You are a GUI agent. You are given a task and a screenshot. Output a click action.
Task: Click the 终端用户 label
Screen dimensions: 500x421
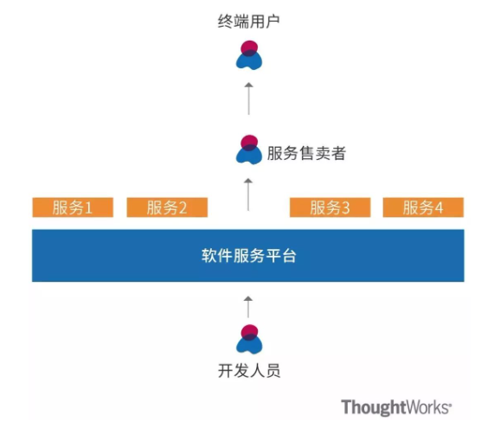[x=249, y=22]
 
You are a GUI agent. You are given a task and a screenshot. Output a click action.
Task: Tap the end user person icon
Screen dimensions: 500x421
[x=249, y=55]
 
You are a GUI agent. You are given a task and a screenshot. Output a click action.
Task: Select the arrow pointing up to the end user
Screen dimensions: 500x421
[x=249, y=99]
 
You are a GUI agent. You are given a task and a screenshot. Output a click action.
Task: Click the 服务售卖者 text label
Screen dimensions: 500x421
[x=306, y=153]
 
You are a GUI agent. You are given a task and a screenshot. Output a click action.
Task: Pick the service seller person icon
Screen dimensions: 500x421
[x=249, y=150]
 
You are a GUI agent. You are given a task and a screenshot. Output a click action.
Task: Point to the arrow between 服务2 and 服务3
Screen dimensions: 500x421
[x=248, y=195]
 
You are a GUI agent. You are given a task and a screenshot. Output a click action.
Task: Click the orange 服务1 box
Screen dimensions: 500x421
[x=73, y=207]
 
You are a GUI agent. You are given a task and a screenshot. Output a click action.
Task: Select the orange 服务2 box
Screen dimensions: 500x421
[x=167, y=207]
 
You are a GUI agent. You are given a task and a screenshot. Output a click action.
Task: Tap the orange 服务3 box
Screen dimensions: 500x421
[x=330, y=207]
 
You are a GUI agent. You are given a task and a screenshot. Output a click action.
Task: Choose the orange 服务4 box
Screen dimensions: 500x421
[x=423, y=207]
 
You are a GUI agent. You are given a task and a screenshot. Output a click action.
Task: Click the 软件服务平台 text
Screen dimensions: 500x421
[x=249, y=256]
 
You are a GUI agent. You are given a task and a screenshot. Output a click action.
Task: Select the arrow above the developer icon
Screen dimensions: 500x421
[x=248, y=307]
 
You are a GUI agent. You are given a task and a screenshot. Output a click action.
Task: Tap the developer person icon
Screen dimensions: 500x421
[x=249, y=340]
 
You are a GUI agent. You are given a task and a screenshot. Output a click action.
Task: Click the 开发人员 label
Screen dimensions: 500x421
[x=249, y=371]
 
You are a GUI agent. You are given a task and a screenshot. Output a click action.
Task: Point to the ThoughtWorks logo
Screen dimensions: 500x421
[x=396, y=407]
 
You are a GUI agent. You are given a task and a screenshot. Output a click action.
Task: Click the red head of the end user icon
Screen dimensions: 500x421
[x=249, y=48]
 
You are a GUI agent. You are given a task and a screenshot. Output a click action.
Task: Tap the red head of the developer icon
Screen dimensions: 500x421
[x=249, y=331]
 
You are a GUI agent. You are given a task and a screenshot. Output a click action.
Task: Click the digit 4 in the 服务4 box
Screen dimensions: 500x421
[x=439, y=208]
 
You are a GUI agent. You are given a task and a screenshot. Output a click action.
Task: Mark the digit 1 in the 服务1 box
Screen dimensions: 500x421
[x=88, y=208]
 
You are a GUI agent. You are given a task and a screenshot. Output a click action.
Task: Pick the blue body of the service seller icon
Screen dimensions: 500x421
[x=249, y=156]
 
